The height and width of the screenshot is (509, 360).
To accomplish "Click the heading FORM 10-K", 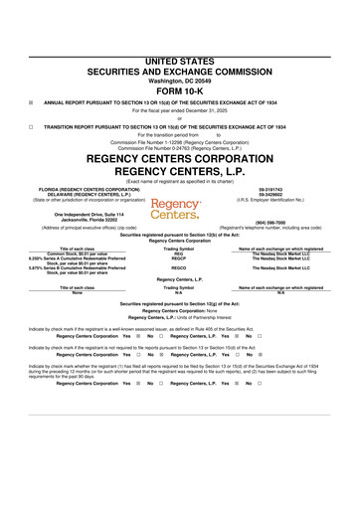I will pos(180,89).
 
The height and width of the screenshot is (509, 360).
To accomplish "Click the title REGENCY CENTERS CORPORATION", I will pos(180,158).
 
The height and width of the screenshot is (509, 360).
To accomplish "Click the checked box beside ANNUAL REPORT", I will pos(32,101).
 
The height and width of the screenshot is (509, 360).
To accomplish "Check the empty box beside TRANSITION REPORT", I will pos(32,128).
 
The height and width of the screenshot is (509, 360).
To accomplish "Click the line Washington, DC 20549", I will pos(180,80).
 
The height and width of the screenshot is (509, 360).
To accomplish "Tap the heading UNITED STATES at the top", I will pos(180,62).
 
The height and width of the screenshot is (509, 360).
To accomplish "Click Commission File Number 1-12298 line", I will pos(180,142).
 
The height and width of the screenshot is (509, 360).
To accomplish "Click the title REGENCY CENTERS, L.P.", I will pos(180,171).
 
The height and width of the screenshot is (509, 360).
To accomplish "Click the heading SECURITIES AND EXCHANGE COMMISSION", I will pos(180,72).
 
